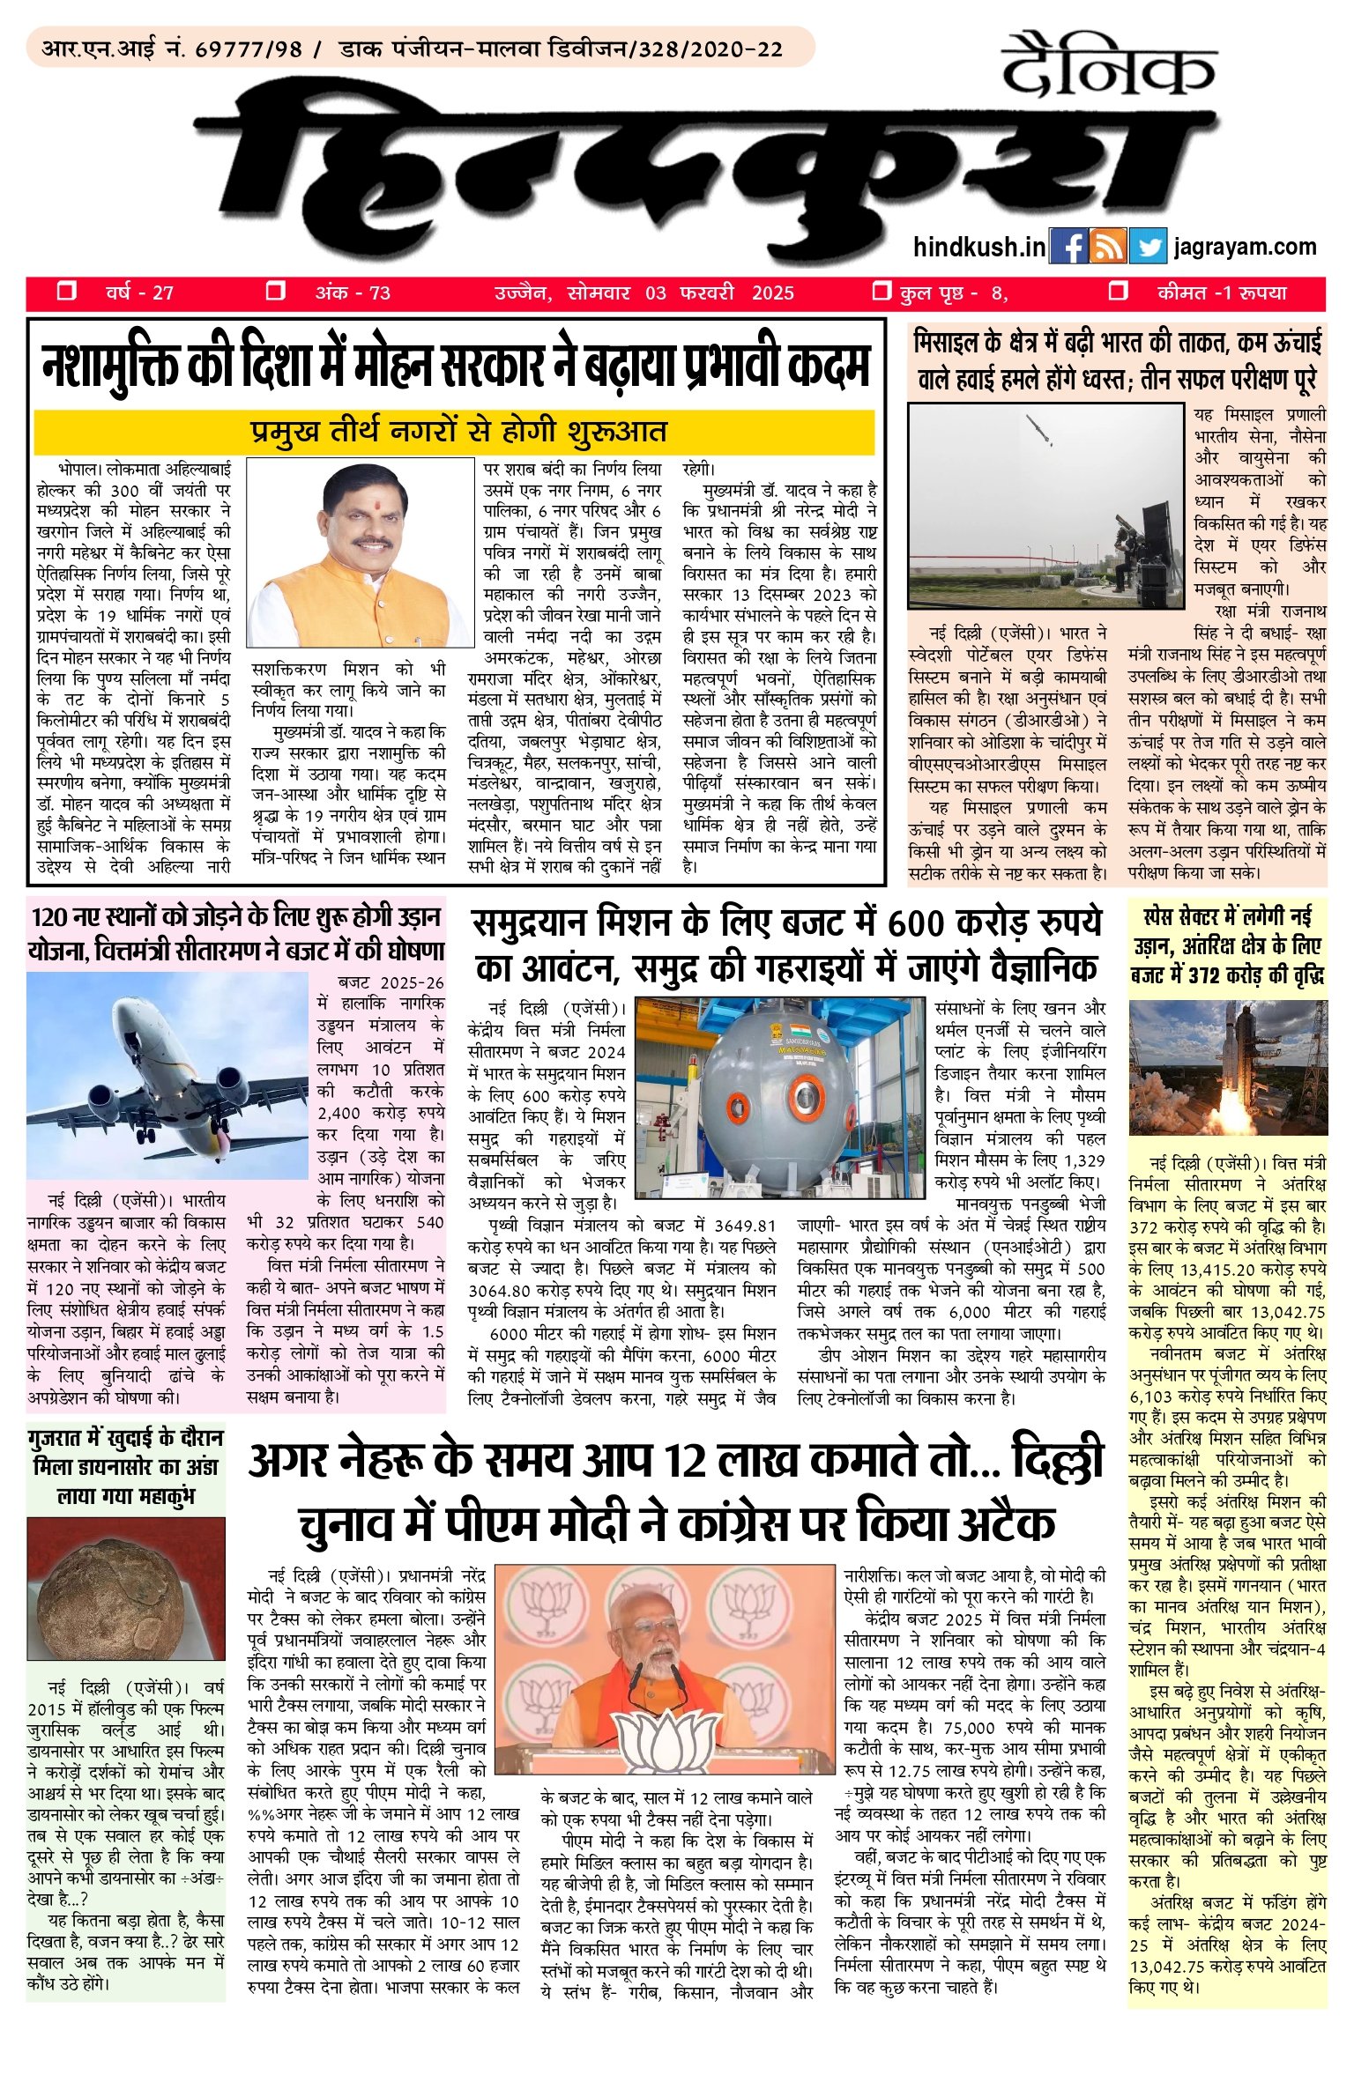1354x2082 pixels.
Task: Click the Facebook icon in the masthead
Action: pos(1068,248)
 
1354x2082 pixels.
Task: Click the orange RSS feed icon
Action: pos(1107,248)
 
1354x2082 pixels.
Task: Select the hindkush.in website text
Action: pos(979,248)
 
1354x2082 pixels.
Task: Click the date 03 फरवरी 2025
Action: pos(719,293)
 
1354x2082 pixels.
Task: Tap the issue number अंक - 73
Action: pos(353,293)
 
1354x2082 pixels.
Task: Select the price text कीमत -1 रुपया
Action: pos(1222,293)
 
